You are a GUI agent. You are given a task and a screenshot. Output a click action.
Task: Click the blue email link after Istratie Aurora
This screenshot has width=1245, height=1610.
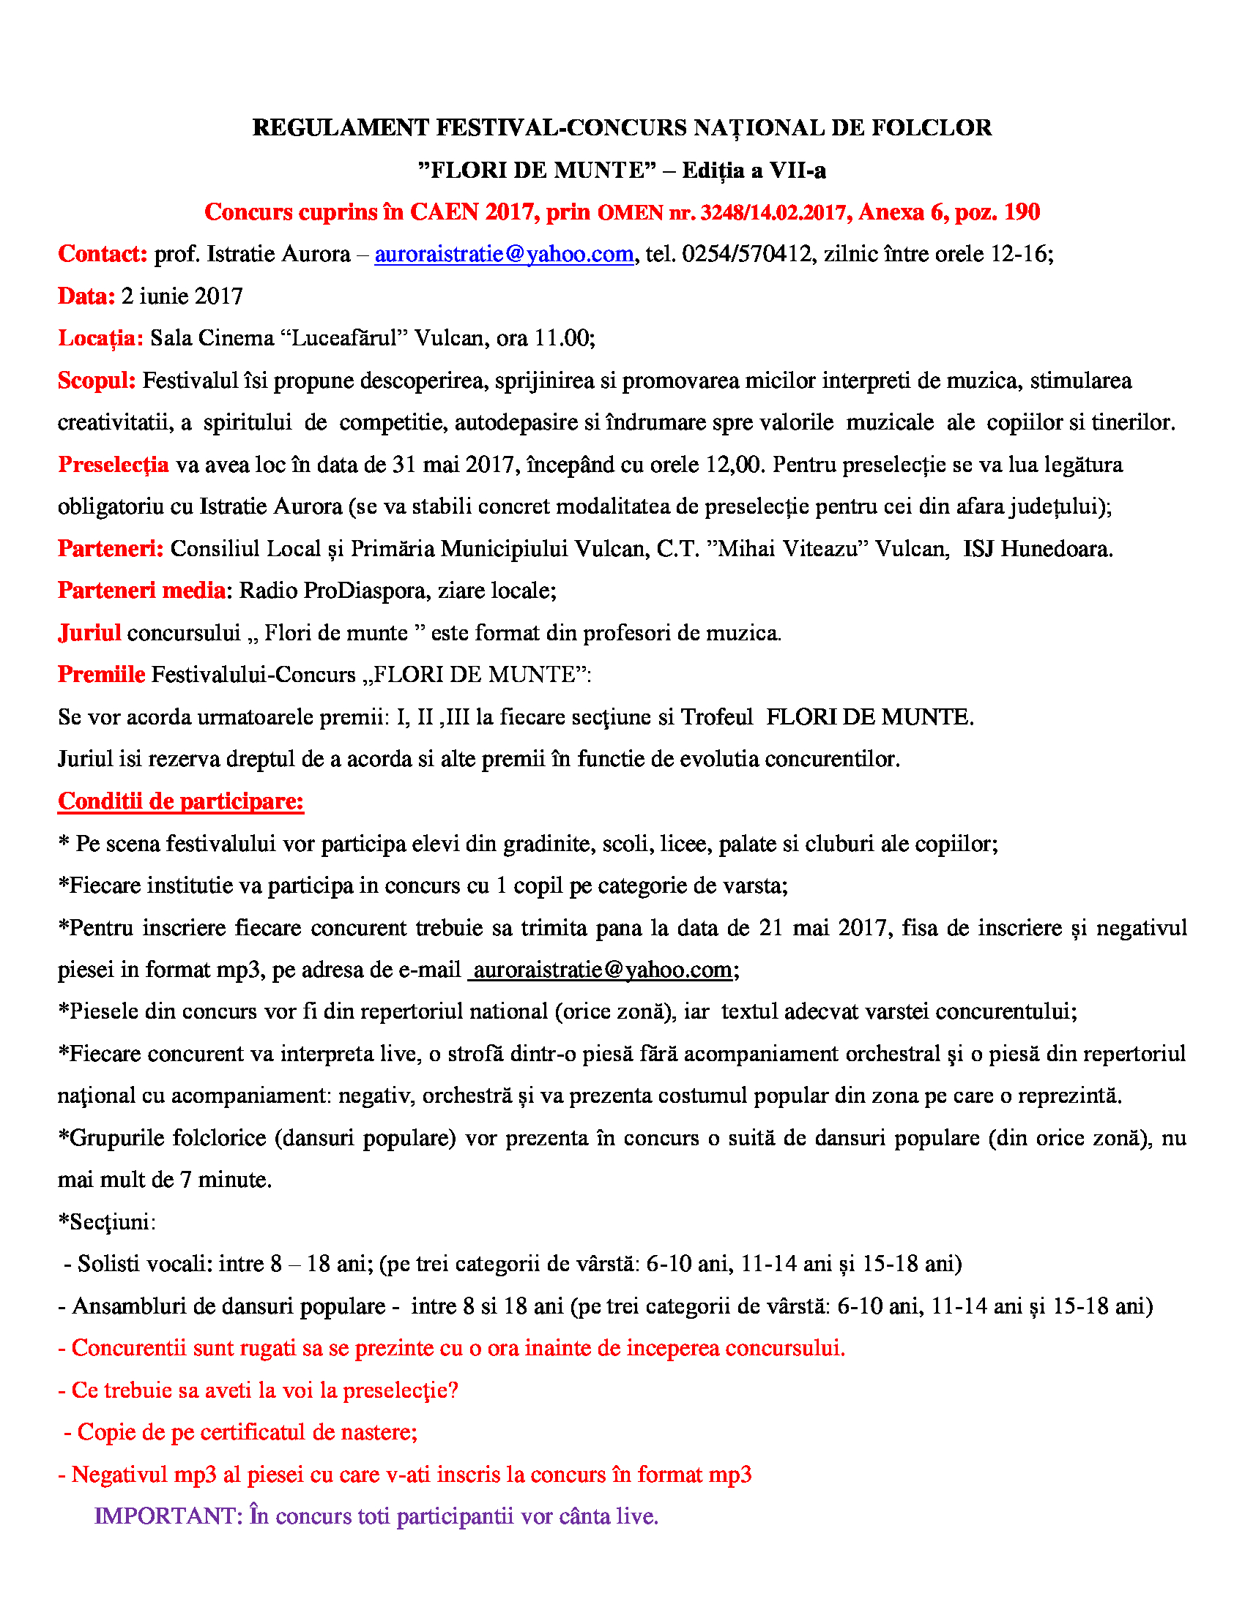(x=504, y=255)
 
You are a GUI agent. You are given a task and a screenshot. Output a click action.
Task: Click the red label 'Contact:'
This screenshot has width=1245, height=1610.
(x=103, y=255)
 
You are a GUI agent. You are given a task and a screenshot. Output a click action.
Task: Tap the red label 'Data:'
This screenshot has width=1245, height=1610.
(x=86, y=296)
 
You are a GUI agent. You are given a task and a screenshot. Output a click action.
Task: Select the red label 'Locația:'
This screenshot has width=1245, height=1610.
(x=100, y=338)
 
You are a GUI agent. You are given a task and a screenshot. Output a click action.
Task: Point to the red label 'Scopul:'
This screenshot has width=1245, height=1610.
(x=97, y=381)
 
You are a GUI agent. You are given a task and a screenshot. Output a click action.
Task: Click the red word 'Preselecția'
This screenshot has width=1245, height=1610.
(x=113, y=465)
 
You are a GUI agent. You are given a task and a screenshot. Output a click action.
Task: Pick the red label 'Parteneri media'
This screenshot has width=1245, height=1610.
(x=141, y=591)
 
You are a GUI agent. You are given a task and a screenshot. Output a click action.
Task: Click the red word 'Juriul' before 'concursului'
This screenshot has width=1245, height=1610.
(x=89, y=632)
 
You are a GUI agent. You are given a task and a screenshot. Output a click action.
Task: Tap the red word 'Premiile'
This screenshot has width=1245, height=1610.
(x=101, y=675)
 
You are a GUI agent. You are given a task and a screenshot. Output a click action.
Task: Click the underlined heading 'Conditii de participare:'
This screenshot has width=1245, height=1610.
(x=181, y=801)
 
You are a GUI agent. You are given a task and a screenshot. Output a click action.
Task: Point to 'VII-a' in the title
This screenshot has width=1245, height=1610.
(x=798, y=171)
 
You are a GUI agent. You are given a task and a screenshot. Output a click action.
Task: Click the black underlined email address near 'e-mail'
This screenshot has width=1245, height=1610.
(x=602, y=970)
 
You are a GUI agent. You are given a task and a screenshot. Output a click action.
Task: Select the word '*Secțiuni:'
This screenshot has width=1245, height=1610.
(x=107, y=1222)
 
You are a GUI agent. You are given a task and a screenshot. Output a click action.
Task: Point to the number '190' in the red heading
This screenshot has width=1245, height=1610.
(x=1022, y=212)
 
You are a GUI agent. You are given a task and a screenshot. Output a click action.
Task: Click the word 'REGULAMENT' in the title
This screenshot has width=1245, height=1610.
(x=340, y=127)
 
